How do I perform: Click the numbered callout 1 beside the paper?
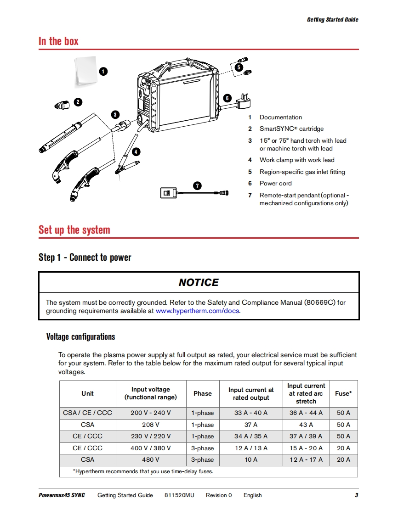(x=104, y=71)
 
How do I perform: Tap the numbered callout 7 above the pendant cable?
(x=197, y=186)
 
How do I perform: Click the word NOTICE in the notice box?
(x=199, y=282)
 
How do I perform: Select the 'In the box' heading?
(x=58, y=41)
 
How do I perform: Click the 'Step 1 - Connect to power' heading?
(x=85, y=257)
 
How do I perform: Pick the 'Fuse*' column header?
(x=343, y=393)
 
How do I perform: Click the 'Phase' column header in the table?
(x=203, y=393)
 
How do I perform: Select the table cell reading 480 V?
(x=151, y=459)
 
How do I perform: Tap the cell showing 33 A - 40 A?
(x=250, y=413)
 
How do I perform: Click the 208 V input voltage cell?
(x=151, y=425)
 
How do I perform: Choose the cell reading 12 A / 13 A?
(x=250, y=448)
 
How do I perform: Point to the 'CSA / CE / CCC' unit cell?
(x=87, y=413)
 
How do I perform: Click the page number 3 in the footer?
(x=356, y=495)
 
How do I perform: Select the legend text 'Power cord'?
(x=275, y=183)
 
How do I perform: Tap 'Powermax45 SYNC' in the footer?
(x=62, y=495)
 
